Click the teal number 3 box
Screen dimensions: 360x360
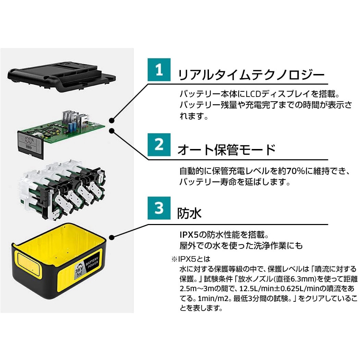[159, 208]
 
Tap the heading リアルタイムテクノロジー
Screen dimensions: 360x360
[250, 75]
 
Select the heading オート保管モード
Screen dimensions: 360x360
[226, 150]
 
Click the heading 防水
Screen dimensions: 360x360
[189, 213]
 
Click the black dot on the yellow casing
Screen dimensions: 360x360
[111, 237]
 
